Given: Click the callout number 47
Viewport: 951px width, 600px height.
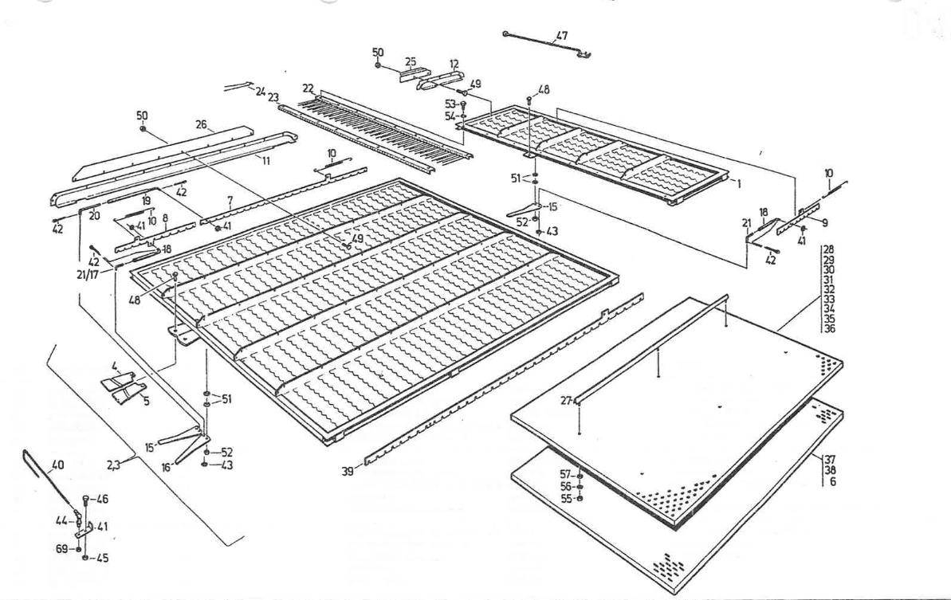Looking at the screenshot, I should pos(562,37).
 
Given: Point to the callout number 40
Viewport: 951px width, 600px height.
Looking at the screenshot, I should pos(58,465).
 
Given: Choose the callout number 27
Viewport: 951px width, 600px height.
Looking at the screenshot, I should pos(566,401).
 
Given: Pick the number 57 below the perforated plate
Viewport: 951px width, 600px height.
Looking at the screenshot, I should pos(566,474).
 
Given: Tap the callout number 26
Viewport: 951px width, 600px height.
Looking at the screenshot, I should pos(200,124).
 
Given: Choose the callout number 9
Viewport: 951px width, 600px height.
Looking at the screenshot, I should pos(825,222).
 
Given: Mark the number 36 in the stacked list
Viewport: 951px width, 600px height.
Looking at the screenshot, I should pos(830,328).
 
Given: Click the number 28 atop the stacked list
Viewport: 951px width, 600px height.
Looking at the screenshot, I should pos(830,249).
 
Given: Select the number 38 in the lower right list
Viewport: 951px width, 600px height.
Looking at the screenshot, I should pos(831,470).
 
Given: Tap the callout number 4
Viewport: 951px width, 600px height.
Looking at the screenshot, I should pos(115,367).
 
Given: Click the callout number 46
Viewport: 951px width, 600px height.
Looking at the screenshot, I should pos(102,500).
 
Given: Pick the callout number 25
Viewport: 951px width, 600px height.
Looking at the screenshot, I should pos(411,61).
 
